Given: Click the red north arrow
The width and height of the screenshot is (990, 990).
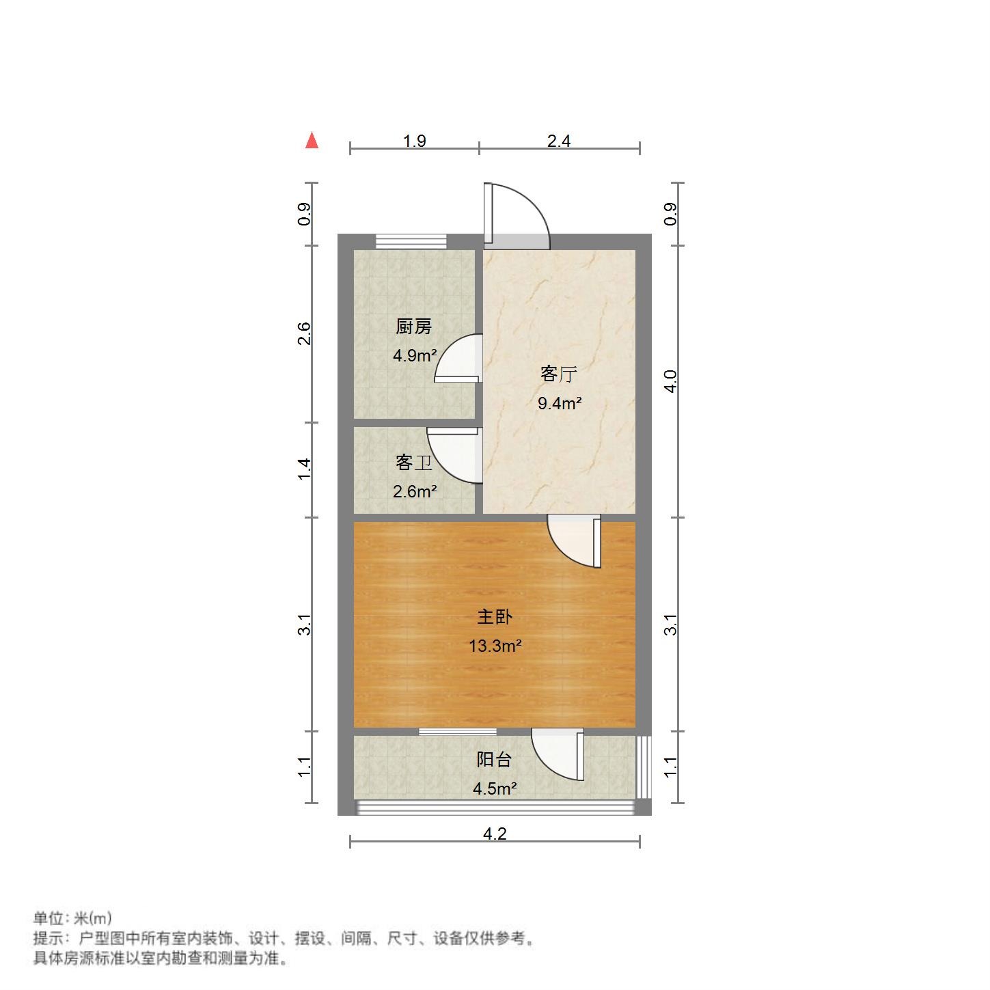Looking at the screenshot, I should tap(312, 140).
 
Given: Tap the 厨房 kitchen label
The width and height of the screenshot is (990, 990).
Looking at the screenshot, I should tap(414, 327).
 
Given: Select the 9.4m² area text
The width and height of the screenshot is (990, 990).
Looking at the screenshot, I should tap(559, 404).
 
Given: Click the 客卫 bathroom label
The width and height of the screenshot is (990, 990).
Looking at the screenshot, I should tap(414, 463).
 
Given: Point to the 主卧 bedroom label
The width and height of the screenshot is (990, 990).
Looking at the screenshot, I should tap(495, 617).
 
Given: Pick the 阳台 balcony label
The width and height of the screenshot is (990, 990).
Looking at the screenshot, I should tap(494, 760).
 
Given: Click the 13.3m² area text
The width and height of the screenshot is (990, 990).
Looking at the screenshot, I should tap(495, 646).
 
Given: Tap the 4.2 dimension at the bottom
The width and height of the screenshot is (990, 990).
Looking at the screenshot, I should tap(495, 834).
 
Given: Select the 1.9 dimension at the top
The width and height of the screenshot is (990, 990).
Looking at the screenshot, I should tap(415, 141).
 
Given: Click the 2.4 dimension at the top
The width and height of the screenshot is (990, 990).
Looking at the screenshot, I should tap(559, 141).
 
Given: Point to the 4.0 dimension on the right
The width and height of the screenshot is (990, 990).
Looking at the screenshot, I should tap(671, 381).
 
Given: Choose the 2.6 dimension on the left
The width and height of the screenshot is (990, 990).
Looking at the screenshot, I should tap(305, 333).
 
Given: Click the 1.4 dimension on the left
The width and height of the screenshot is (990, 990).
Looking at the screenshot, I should tap(305, 469).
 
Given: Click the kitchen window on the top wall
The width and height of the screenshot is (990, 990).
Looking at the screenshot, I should tap(411, 240).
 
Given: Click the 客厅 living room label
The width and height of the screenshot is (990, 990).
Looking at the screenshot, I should tap(559, 374).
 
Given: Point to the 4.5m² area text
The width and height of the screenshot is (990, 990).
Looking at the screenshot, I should tap(495, 788).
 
